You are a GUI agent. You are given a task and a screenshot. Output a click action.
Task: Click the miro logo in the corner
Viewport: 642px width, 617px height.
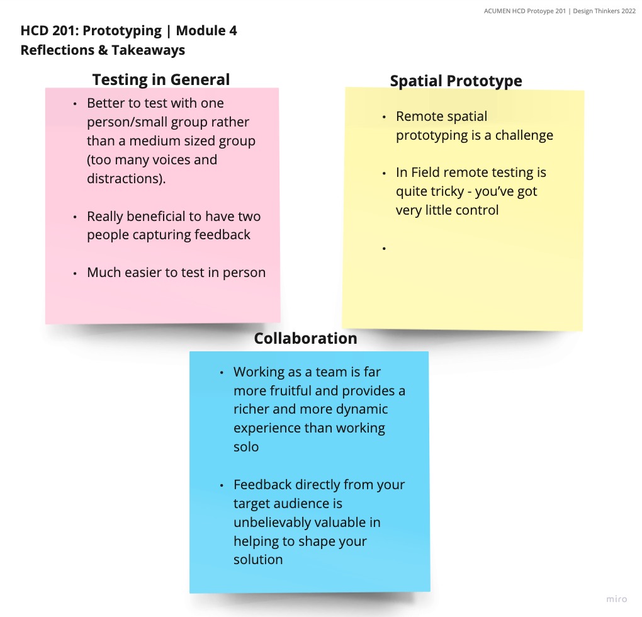pyautogui.click(x=616, y=599)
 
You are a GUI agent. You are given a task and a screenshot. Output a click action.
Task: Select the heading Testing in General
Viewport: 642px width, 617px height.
pyautogui.click(x=161, y=79)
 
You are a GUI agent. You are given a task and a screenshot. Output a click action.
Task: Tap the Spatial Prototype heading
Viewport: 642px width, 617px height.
pyautogui.click(x=456, y=81)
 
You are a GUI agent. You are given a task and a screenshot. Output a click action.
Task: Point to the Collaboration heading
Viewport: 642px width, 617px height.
pyautogui.click(x=305, y=338)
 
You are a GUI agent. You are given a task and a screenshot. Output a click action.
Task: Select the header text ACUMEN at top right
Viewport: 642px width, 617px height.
pyautogui.click(x=498, y=11)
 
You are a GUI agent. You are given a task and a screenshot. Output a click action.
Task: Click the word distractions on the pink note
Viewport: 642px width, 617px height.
pyautogui.click(x=125, y=179)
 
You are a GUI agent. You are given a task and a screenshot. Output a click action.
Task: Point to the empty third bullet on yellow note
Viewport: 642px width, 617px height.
pyautogui.click(x=383, y=249)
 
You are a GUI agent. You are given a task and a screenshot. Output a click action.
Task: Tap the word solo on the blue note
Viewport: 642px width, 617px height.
pyautogui.click(x=246, y=447)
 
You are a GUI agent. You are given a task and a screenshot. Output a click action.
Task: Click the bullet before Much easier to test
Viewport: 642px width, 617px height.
pyautogui.click(x=75, y=273)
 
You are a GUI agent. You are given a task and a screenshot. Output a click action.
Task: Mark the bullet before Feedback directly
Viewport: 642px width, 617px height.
pyautogui.click(x=222, y=485)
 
